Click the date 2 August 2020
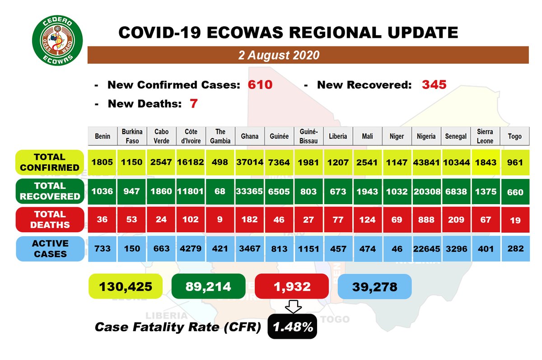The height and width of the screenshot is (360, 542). click(279, 55)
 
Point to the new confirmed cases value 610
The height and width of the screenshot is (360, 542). click(260, 85)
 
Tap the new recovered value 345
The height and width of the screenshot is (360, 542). click(434, 84)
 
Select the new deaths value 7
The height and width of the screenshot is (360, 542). click(194, 104)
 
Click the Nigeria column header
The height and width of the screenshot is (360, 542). click(426, 136)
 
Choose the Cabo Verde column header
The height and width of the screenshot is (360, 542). click(161, 136)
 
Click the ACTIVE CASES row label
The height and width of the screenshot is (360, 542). click(50, 248)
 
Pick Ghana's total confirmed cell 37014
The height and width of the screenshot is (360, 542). click(249, 163)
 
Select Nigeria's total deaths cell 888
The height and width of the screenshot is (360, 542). click(426, 220)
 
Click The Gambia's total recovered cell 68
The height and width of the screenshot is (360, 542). click(220, 192)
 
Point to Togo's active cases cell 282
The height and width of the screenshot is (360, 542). click(514, 248)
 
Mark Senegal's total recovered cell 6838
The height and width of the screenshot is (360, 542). click(455, 192)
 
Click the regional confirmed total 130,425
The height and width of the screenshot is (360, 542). click(125, 286)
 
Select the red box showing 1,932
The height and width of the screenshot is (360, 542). click(292, 286)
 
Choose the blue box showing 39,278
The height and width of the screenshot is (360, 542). click(374, 286)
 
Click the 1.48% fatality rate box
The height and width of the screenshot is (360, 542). click(292, 327)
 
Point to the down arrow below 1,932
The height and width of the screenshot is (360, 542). click(292, 307)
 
